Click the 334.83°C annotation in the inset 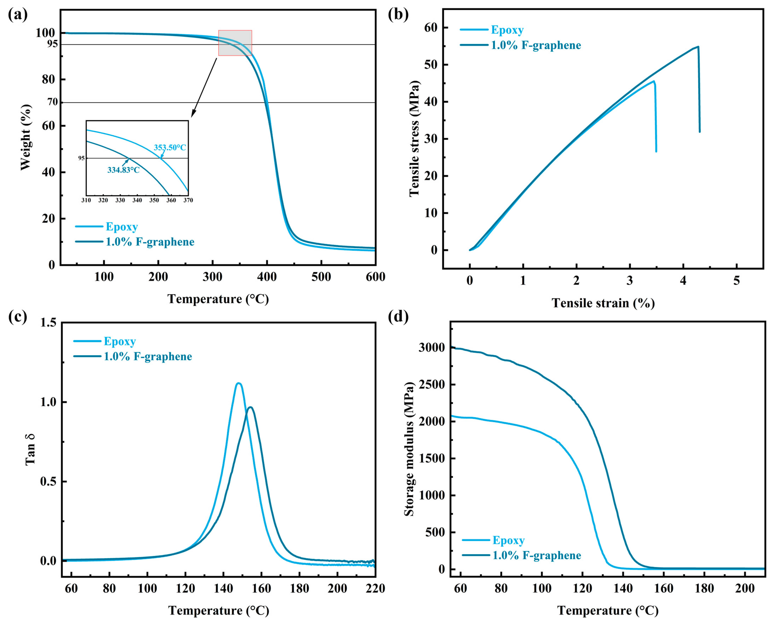124,170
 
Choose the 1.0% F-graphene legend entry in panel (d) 536,555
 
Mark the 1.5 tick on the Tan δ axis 48,322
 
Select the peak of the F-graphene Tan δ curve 251,407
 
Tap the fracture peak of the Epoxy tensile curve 654,81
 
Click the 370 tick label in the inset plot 188,200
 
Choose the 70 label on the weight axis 53,102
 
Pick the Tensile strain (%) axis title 603,303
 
